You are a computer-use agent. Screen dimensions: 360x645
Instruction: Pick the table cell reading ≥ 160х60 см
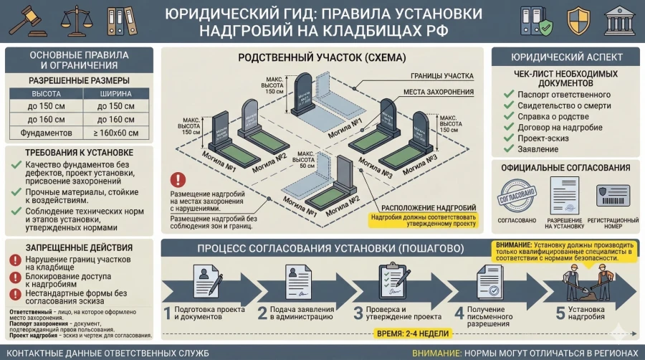115,133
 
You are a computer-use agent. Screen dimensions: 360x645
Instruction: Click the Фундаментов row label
45,133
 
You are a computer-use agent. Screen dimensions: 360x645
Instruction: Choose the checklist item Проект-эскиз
546,138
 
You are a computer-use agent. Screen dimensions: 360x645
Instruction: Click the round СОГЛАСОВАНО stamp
517,195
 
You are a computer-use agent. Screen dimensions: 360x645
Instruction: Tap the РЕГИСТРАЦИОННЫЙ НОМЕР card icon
611,195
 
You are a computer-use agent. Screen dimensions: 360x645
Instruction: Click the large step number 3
357,313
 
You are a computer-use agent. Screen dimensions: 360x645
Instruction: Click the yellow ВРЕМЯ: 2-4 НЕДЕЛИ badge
412,333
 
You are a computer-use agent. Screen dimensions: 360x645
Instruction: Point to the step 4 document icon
489,281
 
